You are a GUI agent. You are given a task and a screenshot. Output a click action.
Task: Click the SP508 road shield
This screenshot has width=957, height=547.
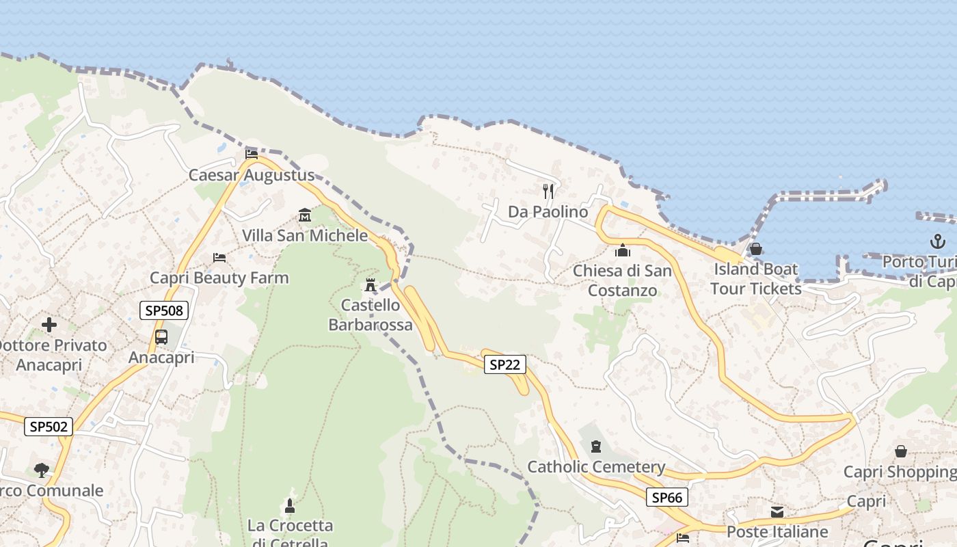coord(164,310)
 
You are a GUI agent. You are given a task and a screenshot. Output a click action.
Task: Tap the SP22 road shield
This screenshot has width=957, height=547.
coord(505,364)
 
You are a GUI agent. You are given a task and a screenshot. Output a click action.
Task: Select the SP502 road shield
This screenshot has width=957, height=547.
coord(49,427)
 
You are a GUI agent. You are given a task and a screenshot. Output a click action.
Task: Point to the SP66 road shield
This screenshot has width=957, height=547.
coord(666,498)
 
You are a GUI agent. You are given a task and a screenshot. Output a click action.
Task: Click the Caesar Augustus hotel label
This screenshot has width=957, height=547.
coord(252,175)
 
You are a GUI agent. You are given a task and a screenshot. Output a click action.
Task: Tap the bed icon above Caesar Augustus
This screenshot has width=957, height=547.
coord(252,154)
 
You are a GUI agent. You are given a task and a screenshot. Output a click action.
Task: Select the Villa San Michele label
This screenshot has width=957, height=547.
coord(305,236)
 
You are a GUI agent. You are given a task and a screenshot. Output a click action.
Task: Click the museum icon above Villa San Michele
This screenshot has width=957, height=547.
coord(305,216)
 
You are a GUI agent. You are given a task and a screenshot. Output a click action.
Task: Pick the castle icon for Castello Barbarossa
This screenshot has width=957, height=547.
coord(370,284)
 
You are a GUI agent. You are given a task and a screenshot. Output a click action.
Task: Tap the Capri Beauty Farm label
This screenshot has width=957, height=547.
coord(219,278)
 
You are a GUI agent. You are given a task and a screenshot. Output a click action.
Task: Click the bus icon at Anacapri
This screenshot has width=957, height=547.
coord(161,337)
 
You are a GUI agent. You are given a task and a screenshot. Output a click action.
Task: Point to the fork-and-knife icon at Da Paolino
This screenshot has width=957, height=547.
coord(548,191)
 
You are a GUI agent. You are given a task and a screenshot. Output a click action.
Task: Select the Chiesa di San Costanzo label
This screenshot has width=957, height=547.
coord(622,280)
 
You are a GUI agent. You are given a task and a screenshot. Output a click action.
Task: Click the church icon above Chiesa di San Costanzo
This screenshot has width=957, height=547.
coord(622,251)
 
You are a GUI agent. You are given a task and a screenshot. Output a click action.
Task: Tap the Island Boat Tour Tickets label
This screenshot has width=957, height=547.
coord(755,278)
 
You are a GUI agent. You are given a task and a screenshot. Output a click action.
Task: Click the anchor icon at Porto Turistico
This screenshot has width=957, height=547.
coord(937,241)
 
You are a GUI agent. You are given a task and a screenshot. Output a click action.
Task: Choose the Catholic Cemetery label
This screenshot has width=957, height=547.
coord(596,467)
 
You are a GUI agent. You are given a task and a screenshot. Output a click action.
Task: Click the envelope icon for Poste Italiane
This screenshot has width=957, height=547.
coord(777,512)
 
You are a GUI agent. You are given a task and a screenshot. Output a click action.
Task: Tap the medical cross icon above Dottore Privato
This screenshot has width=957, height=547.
coord(49,325)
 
